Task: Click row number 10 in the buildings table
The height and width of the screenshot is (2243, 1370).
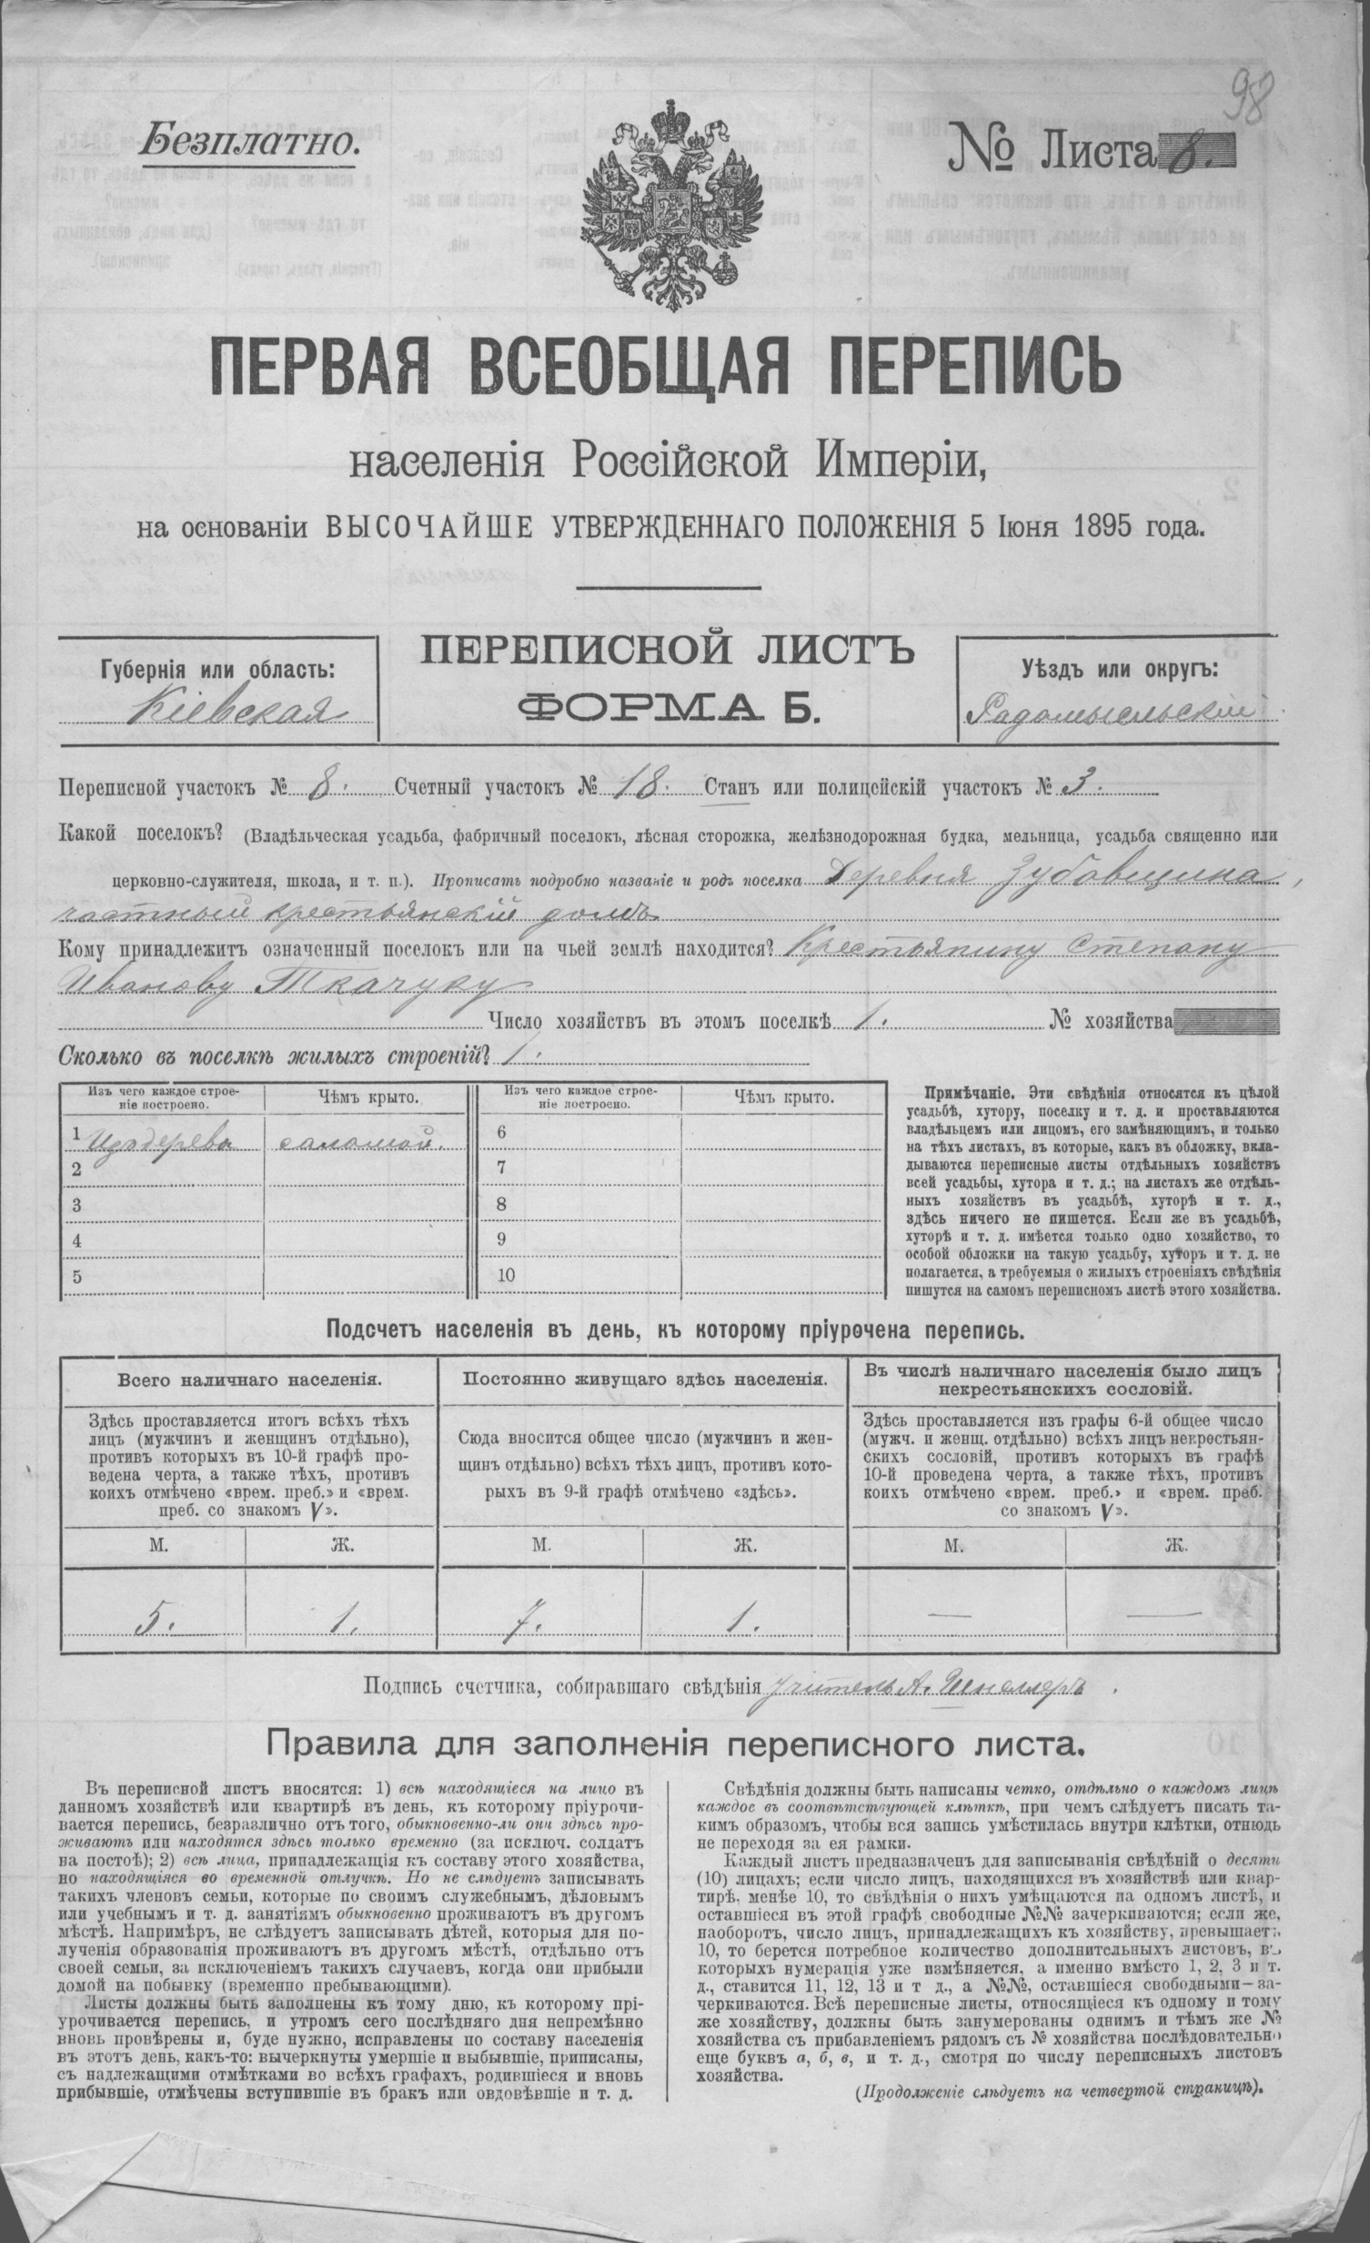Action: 506,1276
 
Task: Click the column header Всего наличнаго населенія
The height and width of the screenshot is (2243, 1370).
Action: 248,1380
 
